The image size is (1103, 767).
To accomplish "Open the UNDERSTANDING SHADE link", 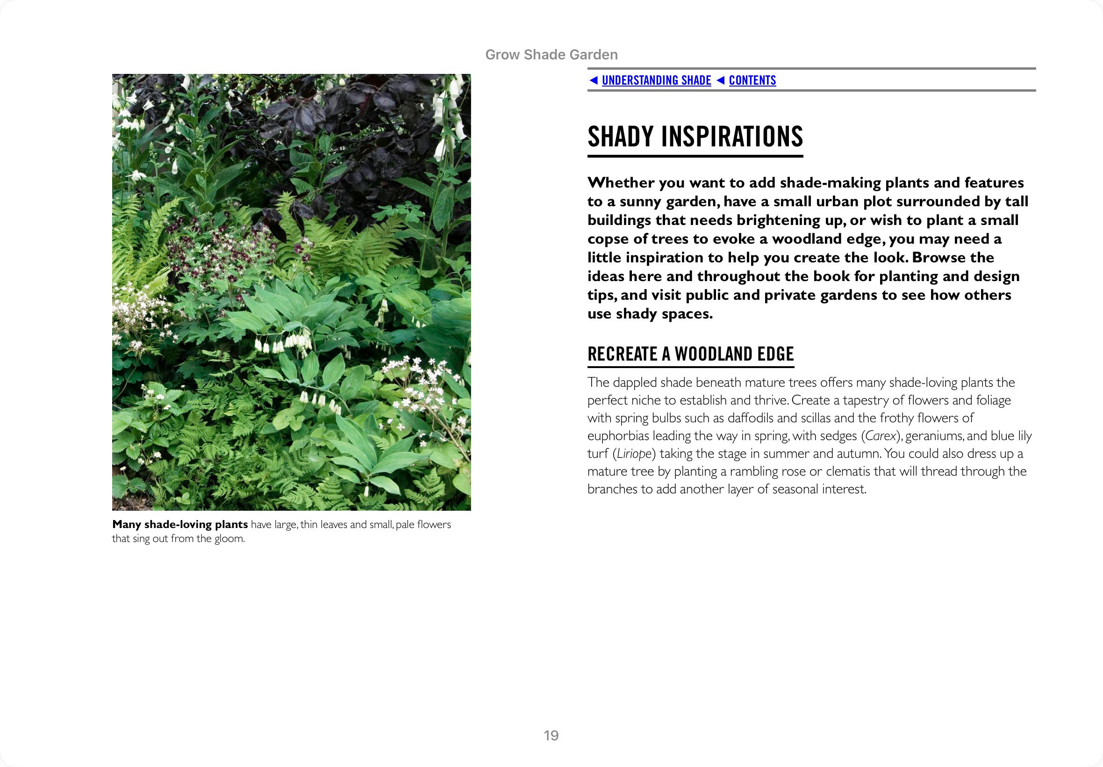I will [x=656, y=80].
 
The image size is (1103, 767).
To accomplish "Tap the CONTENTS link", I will [x=752, y=80].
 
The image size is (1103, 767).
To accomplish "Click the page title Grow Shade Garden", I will [x=551, y=55].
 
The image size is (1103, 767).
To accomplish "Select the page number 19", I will [x=551, y=735].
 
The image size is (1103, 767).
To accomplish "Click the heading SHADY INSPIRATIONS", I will [x=695, y=137].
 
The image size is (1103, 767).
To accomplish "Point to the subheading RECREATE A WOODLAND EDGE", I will [x=690, y=354].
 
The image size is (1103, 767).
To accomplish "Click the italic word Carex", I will [x=881, y=436].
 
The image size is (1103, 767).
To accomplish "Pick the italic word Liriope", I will [x=634, y=454].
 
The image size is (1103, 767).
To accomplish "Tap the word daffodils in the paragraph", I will [x=750, y=418].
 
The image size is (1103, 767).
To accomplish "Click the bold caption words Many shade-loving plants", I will [x=180, y=524].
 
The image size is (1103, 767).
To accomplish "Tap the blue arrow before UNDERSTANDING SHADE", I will [x=594, y=80].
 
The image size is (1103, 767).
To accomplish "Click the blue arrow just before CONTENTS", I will [x=720, y=80].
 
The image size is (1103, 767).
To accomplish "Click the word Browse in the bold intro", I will [x=938, y=258].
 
